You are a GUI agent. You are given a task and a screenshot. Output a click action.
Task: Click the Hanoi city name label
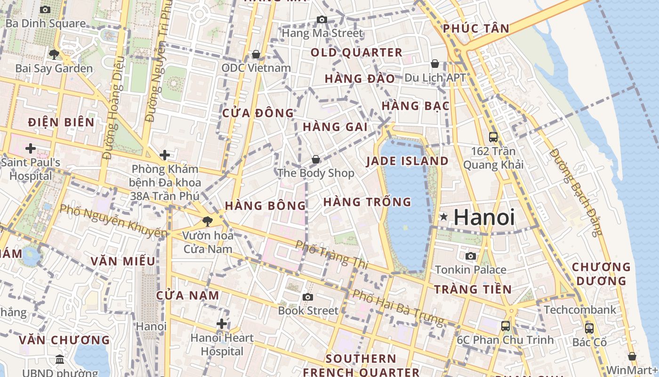484,218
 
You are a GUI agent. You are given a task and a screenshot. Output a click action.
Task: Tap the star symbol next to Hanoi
443,217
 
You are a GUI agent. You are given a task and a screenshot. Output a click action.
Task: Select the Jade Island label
407,161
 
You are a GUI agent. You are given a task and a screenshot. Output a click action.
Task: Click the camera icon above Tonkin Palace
470,256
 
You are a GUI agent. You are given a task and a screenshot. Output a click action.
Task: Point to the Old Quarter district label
356,52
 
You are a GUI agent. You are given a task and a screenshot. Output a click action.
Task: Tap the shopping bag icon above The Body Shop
316,159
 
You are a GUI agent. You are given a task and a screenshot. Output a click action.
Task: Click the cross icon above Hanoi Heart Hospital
222,323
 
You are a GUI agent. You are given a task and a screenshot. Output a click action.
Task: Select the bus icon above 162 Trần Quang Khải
493,137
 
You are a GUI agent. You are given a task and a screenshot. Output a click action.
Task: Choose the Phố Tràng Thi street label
331,255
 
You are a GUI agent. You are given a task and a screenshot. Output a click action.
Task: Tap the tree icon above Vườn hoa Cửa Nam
207,221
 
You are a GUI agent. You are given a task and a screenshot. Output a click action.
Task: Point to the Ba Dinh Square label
45,23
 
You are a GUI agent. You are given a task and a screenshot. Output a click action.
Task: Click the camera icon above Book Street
308,297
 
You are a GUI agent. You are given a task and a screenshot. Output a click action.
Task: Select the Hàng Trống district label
367,202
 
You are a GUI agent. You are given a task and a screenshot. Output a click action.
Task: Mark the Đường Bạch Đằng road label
576,192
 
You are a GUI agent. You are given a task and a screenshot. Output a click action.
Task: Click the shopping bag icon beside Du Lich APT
435,63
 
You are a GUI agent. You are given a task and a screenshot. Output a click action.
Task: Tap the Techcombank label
580,310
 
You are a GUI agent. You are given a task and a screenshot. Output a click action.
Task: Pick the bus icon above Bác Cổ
589,328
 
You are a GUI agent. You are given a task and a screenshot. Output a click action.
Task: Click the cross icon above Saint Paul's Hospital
31,149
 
